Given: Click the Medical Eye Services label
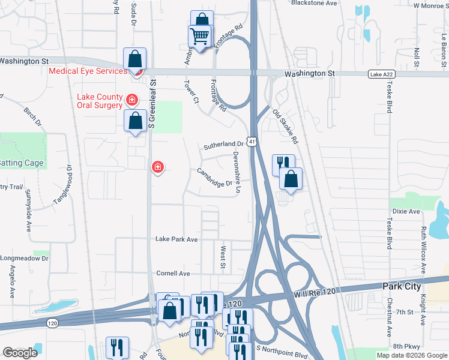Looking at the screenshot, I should coord(88,71).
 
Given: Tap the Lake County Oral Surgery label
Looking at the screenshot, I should coord(100,103).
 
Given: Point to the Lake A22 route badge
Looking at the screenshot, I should coord(379,73).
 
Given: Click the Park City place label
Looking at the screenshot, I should coord(402,286).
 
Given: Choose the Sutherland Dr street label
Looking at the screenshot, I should coord(223,145).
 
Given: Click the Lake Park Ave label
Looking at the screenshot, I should coord(176,239).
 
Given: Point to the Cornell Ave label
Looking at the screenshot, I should coord(173,274).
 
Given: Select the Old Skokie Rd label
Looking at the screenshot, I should coord(285,126).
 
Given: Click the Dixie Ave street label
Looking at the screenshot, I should coord(406,211).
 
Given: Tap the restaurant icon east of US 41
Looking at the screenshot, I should coord(283,163).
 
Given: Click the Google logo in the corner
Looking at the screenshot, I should coord(20,353).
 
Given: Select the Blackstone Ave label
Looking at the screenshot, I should coord(314,3).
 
